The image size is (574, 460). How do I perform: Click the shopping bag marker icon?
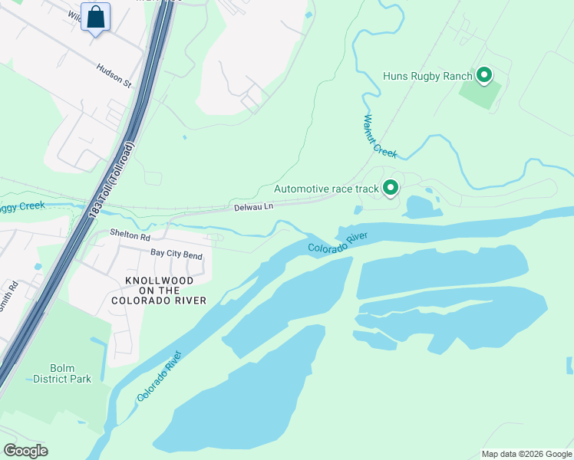(x=96, y=17)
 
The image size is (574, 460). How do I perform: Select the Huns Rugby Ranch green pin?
(x=484, y=75)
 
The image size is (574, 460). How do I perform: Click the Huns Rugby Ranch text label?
(x=427, y=76)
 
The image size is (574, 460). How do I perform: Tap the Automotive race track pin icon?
(x=391, y=187)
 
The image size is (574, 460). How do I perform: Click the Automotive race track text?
(x=327, y=189)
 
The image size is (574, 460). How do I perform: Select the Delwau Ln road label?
(x=253, y=207)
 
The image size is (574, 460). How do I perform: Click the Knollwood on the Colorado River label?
(x=159, y=291)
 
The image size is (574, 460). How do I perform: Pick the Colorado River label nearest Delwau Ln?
(x=338, y=242)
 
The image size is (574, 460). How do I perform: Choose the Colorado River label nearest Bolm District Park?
(x=160, y=376)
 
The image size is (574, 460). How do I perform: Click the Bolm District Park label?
(x=62, y=373)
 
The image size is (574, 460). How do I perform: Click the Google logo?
(x=25, y=451)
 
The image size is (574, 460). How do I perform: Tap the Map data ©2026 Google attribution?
(x=526, y=454)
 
